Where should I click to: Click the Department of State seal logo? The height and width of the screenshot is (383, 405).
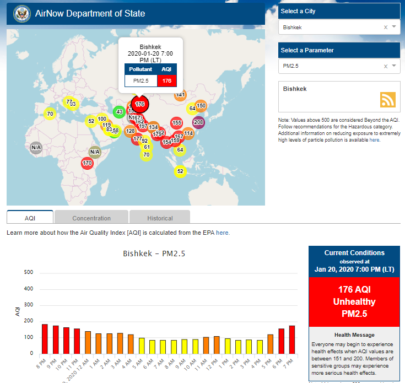(x=21, y=13)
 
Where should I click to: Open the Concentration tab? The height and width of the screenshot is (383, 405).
(x=91, y=218)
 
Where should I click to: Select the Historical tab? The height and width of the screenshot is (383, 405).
(x=160, y=218)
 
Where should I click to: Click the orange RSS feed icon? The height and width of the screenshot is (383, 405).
(x=388, y=99)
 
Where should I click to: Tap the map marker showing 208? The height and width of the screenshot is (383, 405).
(x=199, y=122)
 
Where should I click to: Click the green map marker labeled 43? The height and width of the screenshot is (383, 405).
(x=118, y=112)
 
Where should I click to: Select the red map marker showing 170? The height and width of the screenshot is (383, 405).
(x=87, y=163)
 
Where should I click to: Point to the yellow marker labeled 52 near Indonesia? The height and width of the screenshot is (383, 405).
(x=180, y=172)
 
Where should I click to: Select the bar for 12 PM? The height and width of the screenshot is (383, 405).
(x=217, y=344)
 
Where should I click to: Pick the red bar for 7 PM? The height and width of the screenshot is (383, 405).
(x=292, y=339)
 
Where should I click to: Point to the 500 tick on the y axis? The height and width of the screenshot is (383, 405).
(x=29, y=272)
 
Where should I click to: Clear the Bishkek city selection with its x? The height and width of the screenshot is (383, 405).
(x=386, y=27)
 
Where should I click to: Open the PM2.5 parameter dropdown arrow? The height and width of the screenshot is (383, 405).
(x=394, y=66)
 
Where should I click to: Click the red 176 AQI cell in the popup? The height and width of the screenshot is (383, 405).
(x=167, y=81)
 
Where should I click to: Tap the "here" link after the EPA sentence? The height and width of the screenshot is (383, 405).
(x=223, y=233)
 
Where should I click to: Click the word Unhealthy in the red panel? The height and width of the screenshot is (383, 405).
(x=354, y=302)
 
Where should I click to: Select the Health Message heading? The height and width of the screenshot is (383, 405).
(x=354, y=335)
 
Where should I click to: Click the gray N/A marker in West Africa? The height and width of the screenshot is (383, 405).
(x=36, y=147)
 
